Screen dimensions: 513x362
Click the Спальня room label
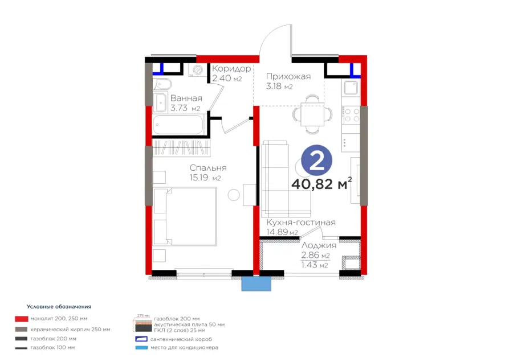pyautogui.click(x=208, y=168)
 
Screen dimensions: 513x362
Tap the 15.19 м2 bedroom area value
pyautogui.click(x=205, y=178)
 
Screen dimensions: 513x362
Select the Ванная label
pyautogui.click(x=186, y=98)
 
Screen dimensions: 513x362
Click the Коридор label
pyautogui.click(x=231, y=69)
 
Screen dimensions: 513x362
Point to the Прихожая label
pyautogui.click(x=288, y=76)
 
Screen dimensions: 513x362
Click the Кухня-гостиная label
pyautogui.click(x=300, y=223)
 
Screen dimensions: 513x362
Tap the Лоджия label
pyautogui.click(x=319, y=245)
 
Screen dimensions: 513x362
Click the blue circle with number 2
pyautogui.click(x=316, y=161)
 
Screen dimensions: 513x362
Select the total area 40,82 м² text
pyautogui.click(x=321, y=184)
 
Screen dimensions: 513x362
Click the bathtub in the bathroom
pyautogui.click(x=178, y=125)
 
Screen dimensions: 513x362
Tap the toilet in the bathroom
pyautogui.click(x=162, y=85)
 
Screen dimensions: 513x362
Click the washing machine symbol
pyautogui.click(x=197, y=69)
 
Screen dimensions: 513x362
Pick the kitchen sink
pyautogui.click(x=351, y=87)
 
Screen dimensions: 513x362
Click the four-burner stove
pyautogui.click(x=352, y=116)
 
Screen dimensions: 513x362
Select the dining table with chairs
pyautogui.click(x=312, y=114)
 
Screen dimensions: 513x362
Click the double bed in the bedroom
pyautogui.click(x=185, y=216)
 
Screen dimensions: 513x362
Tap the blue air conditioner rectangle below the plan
pyautogui.click(x=256, y=283)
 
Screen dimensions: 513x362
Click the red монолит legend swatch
pyautogui.click(x=21, y=319)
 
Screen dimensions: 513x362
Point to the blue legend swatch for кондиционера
pyautogui.click(x=141, y=348)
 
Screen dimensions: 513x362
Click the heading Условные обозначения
pyautogui.click(x=59, y=307)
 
